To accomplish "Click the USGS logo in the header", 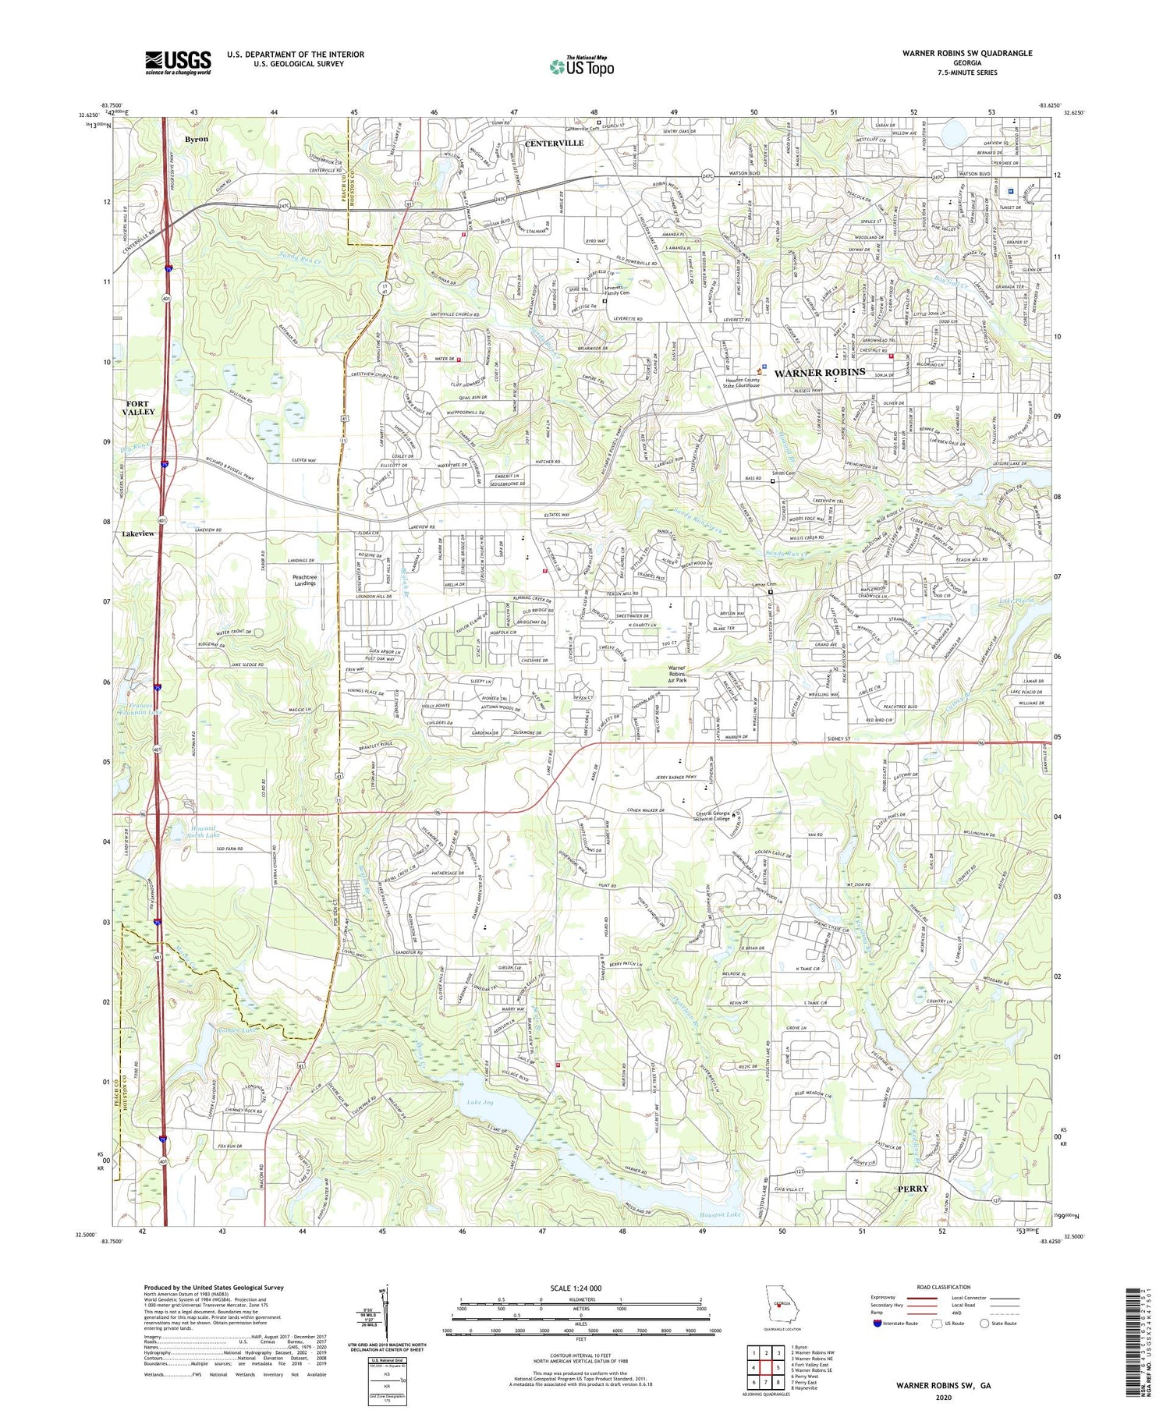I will (x=178, y=62).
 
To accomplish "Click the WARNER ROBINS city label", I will (x=819, y=373).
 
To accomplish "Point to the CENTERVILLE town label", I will (x=554, y=144).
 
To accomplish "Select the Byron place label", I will (x=197, y=139).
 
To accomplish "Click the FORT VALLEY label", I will (x=140, y=407).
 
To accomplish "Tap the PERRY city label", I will (x=913, y=1189).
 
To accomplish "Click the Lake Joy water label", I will (x=480, y=1102).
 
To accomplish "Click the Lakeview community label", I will (x=138, y=533).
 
